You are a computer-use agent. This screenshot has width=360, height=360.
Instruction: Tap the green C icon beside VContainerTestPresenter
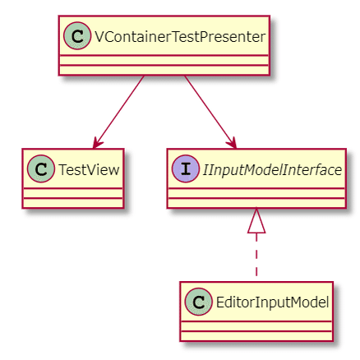point(76,37)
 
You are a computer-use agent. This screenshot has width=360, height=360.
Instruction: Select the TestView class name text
point(88,170)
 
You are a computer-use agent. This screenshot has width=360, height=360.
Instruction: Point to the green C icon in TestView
point(41,170)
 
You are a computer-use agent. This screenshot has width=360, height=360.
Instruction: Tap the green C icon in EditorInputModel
point(196,302)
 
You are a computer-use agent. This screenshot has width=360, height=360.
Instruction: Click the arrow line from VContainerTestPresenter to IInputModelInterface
point(209,108)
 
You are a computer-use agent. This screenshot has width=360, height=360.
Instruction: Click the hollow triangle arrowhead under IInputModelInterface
point(257,220)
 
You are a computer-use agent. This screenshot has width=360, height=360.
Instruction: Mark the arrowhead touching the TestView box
point(98,143)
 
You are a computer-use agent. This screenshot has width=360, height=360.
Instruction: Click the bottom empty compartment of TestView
point(73,201)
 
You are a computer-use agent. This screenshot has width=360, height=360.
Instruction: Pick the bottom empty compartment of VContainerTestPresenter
point(164,68)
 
